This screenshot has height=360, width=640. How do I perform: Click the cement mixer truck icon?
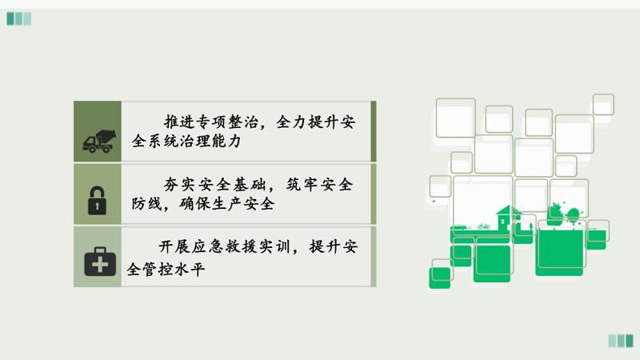[99, 142]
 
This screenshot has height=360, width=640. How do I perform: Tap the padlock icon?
[97, 201]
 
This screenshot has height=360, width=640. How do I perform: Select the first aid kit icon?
[100, 262]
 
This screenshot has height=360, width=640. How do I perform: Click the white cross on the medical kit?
[100, 265]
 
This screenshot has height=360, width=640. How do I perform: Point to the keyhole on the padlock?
[97, 206]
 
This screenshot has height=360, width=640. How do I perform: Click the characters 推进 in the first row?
[180, 122]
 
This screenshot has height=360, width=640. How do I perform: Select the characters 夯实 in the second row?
[179, 185]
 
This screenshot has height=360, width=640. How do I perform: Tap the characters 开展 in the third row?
[174, 246]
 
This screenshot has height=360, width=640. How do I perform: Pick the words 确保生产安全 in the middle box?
[227, 204]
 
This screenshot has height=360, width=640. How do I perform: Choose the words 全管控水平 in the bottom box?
[166, 270]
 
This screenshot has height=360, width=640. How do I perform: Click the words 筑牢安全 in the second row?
[319, 185]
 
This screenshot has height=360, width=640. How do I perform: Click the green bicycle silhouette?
[483, 226]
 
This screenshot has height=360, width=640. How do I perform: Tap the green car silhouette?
[460, 227]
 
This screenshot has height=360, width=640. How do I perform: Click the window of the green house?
[502, 222]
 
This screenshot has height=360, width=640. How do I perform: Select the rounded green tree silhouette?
[573, 214]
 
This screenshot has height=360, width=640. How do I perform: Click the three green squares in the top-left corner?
[18, 18]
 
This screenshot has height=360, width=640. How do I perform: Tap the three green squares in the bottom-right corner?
[621, 341]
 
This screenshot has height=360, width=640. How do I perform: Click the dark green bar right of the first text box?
[374, 131]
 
